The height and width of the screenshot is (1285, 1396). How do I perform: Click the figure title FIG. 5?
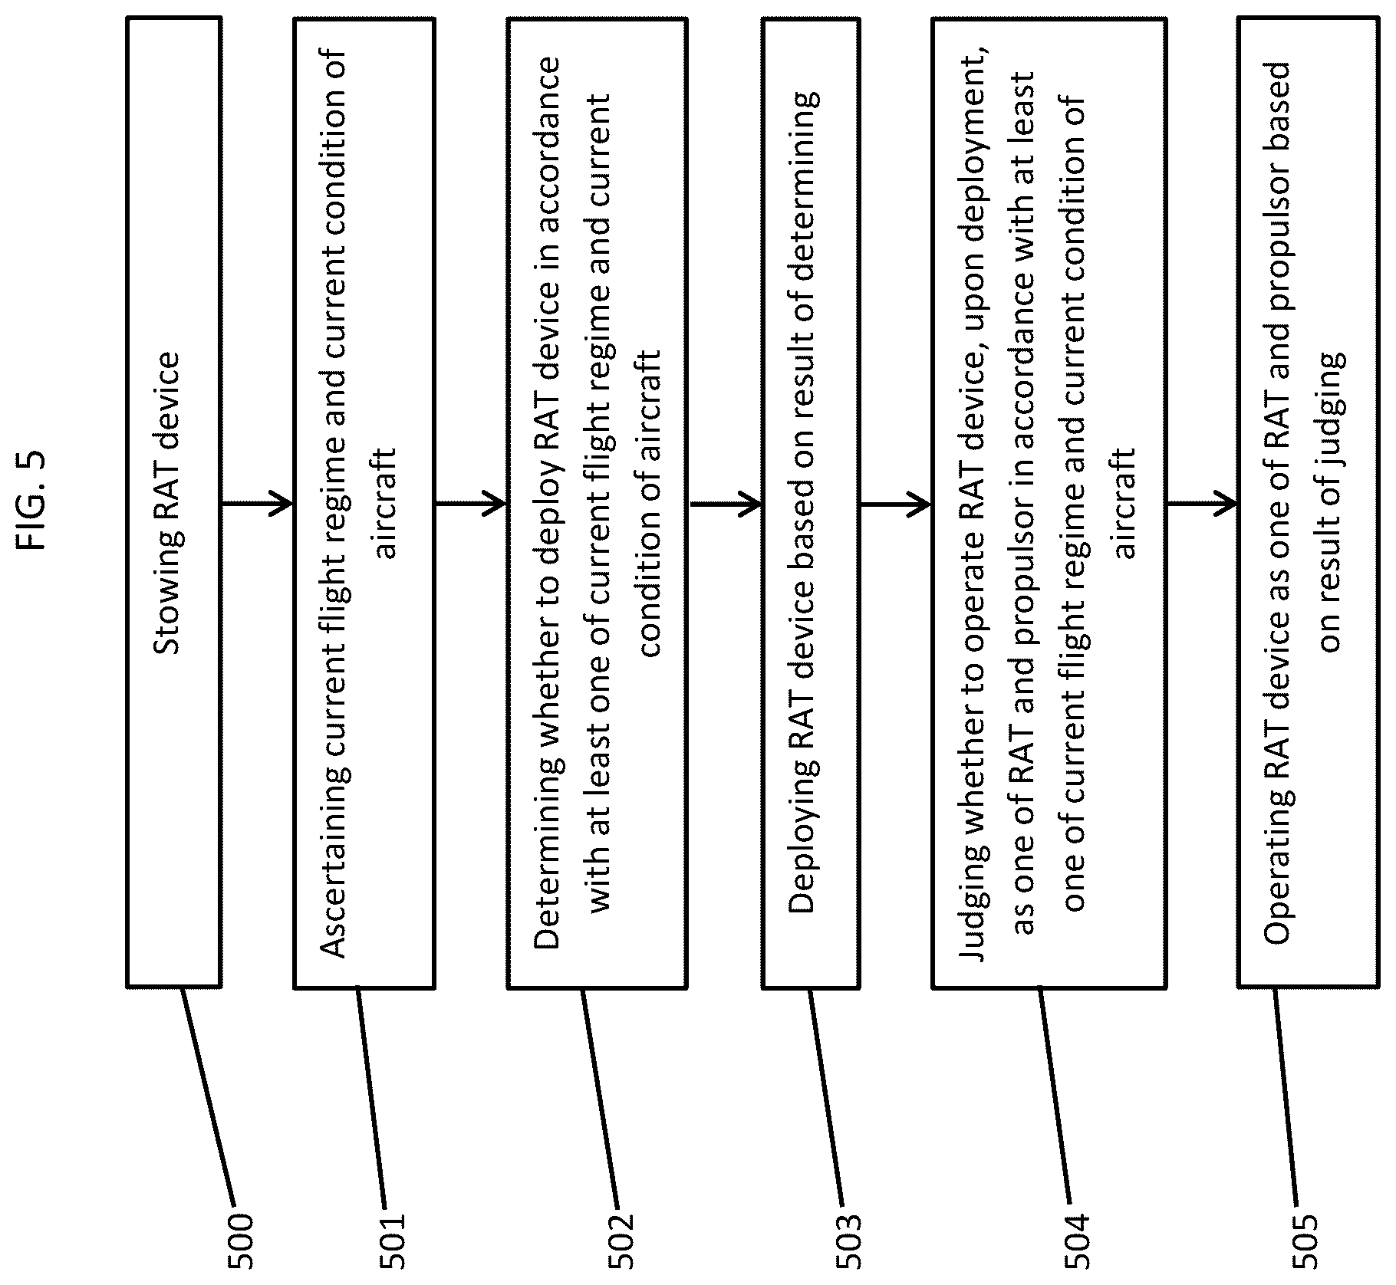tap(32, 500)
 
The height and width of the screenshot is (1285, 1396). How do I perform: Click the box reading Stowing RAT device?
tap(173, 503)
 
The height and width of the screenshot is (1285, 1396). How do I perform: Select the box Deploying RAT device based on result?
tap(811, 503)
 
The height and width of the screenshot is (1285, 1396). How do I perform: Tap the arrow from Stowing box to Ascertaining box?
tap(258, 504)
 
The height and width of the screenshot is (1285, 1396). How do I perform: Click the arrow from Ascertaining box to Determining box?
tap(471, 504)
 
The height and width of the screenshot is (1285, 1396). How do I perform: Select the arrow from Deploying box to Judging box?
tap(896, 504)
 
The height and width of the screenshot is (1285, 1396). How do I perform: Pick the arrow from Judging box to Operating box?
tap(1203, 504)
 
